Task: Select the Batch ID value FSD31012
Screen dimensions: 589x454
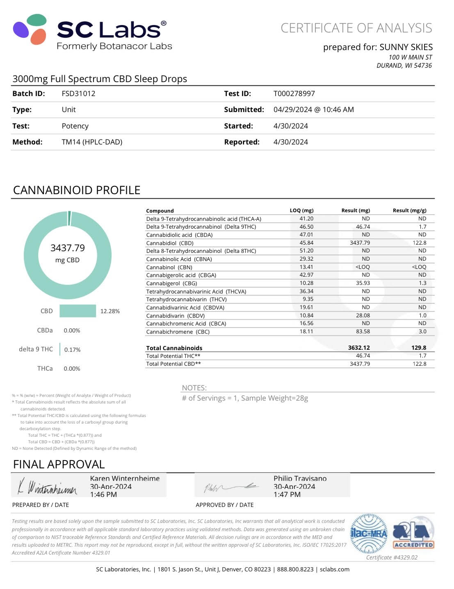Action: pyautogui.click(x=78, y=94)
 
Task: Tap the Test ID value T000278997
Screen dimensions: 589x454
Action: pyautogui.click(x=294, y=94)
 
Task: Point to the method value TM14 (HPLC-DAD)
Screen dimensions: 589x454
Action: pyautogui.click(x=92, y=142)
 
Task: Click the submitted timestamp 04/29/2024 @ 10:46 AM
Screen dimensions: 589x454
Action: pyautogui.click(x=313, y=110)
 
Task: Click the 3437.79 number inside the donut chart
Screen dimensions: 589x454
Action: pyautogui.click(x=68, y=248)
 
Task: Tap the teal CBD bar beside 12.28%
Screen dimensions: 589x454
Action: pyautogui.click(x=78, y=311)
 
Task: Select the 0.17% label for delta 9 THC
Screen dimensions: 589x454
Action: pyautogui.click(x=72, y=350)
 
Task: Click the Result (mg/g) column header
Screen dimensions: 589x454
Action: pyautogui.click(x=409, y=211)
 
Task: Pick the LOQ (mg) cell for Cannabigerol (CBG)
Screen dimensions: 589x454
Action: pyautogui.click(x=306, y=283)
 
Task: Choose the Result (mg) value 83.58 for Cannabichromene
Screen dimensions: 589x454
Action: pyautogui.click(x=363, y=332)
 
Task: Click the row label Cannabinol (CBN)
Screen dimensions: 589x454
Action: pyautogui.click(x=169, y=267)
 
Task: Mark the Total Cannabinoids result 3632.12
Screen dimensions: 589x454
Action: pyautogui.click(x=359, y=348)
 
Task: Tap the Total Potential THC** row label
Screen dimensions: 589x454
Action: pyautogui.click(x=173, y=356)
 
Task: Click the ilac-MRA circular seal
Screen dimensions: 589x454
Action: pyautogui.click(x=368, y=533)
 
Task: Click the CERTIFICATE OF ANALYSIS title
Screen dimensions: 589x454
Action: pyautogui.click(x=356, y=28)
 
